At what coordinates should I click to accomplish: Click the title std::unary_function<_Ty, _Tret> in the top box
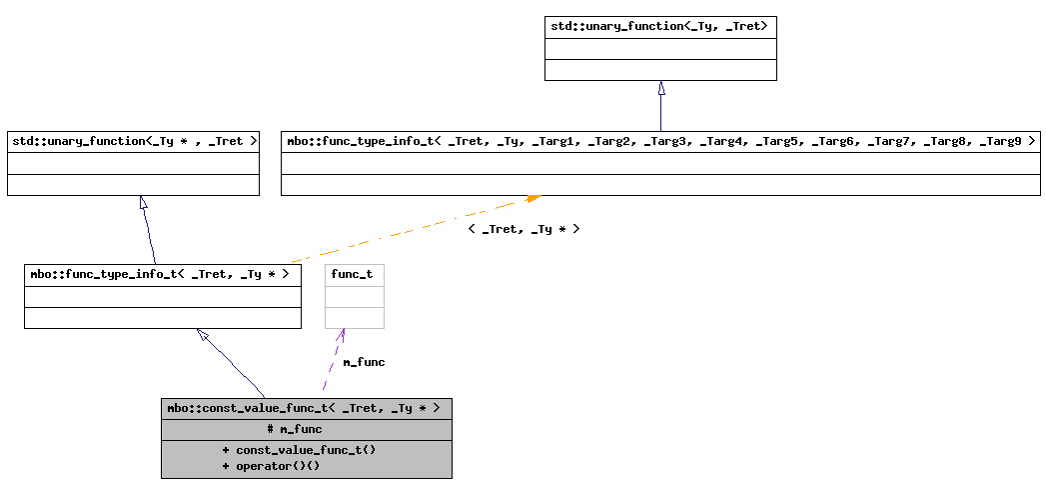[659, 27]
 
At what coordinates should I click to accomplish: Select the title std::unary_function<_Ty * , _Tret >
[134, 141]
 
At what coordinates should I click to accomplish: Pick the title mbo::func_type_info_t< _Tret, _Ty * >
[160, 274]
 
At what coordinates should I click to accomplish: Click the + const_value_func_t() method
[299, 450]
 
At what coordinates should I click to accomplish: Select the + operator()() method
[271, 466]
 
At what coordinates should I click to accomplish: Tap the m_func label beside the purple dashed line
[364, 362]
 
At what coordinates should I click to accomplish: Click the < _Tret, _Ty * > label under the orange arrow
[523, 229]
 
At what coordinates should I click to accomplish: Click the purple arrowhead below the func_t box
[342, 335]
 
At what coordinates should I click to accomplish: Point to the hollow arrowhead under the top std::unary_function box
[661, 88]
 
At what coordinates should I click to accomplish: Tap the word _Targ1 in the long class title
[558, 141]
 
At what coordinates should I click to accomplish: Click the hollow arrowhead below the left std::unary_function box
[144, 203]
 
